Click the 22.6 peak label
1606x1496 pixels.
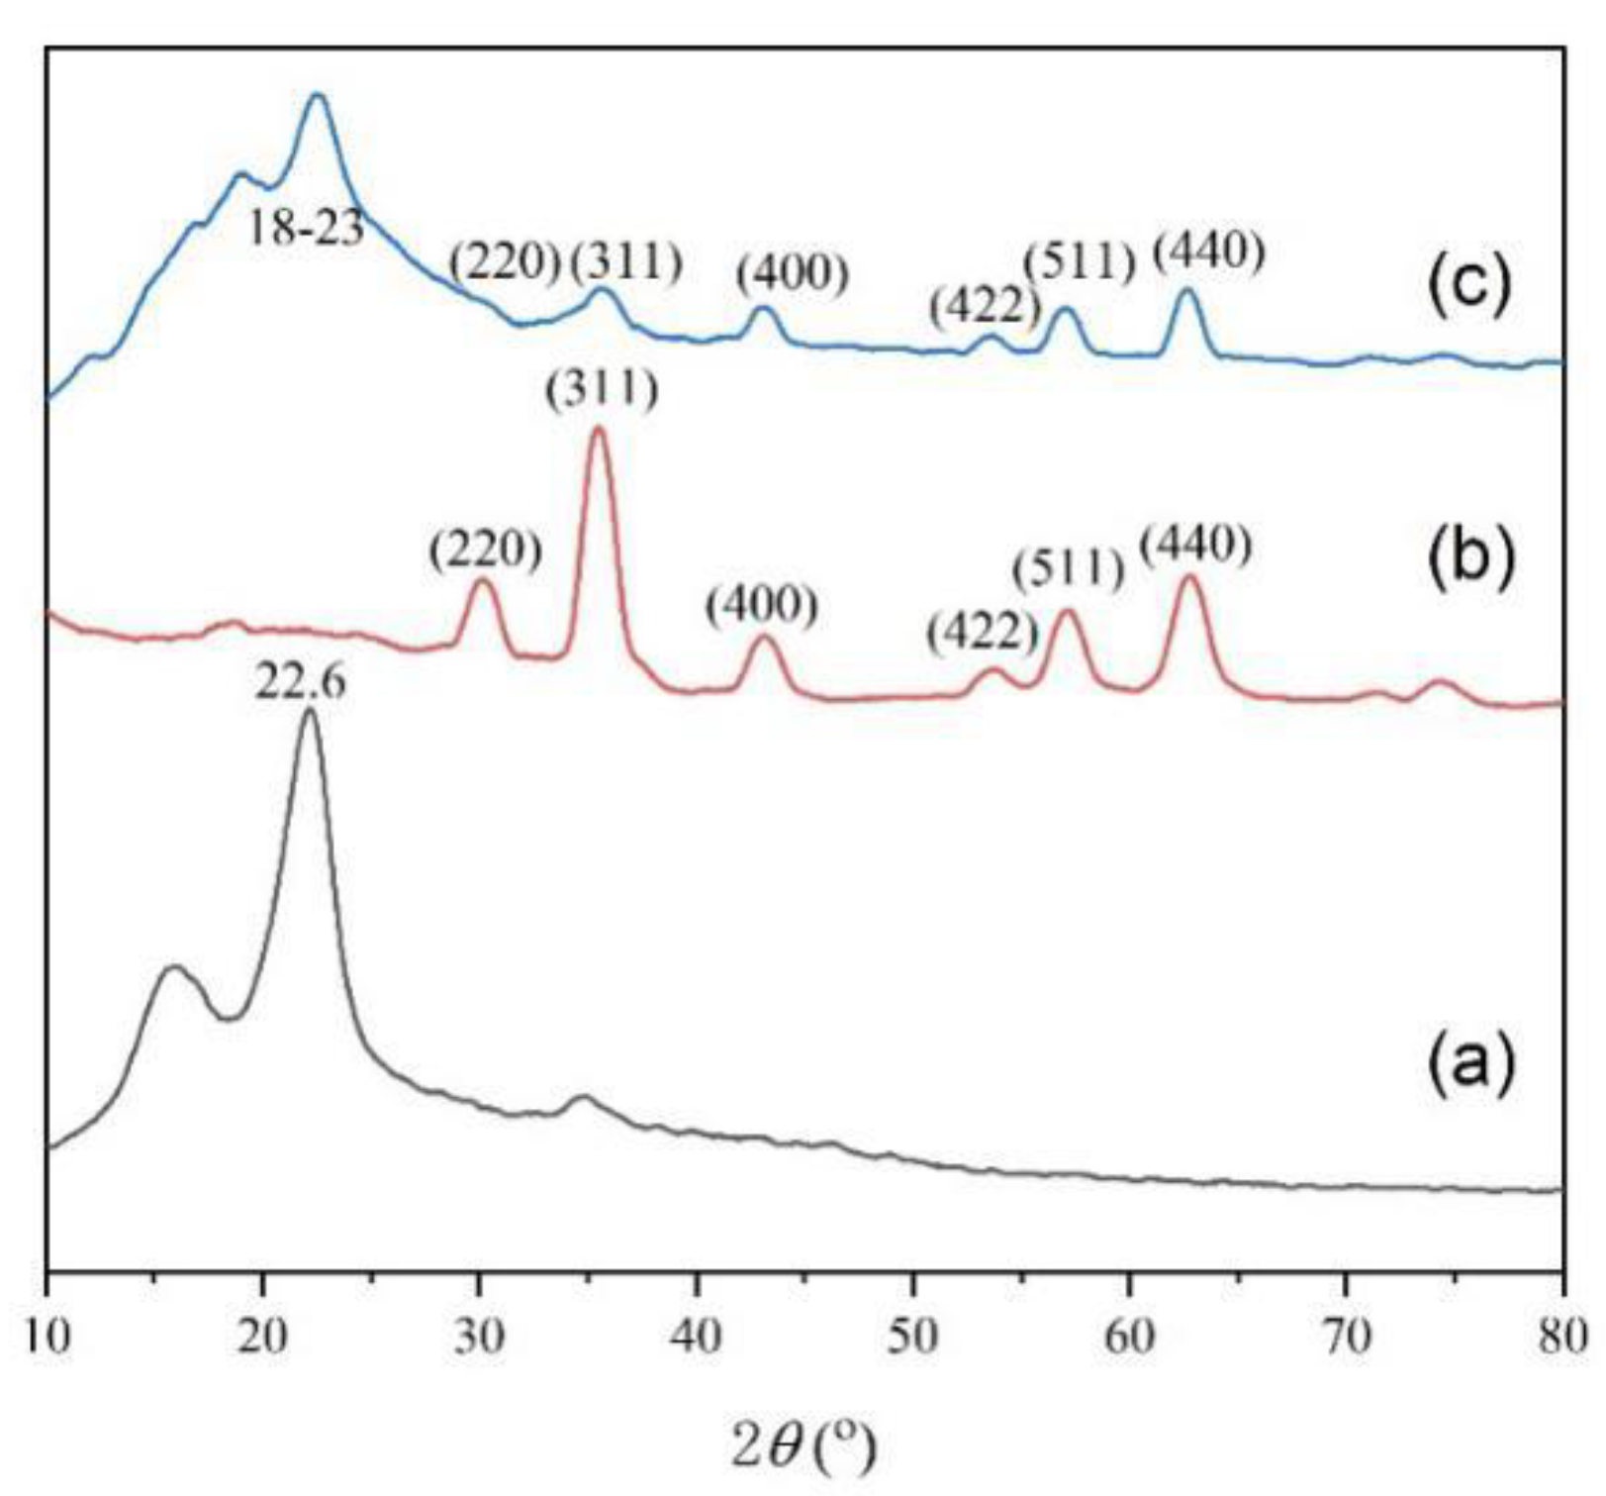coord(301,682)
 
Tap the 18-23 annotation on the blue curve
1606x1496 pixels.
coord(306,229)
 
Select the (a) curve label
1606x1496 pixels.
coord(1469,1066)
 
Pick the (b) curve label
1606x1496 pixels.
coord(1470,558)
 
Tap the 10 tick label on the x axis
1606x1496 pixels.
coord(47,1338)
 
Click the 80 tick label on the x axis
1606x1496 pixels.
coord(1561,1338)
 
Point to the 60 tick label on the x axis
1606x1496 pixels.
coord(1129,1338)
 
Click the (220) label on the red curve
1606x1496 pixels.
coord(485,550)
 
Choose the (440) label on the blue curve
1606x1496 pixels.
coord(1208,254)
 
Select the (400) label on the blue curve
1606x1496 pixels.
coord(792,274)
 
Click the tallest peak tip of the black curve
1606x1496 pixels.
coord(310,710)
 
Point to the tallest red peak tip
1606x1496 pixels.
coord(598,428)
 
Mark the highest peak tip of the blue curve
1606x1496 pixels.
coord(318,95)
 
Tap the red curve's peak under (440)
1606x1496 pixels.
coord(1190,576)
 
